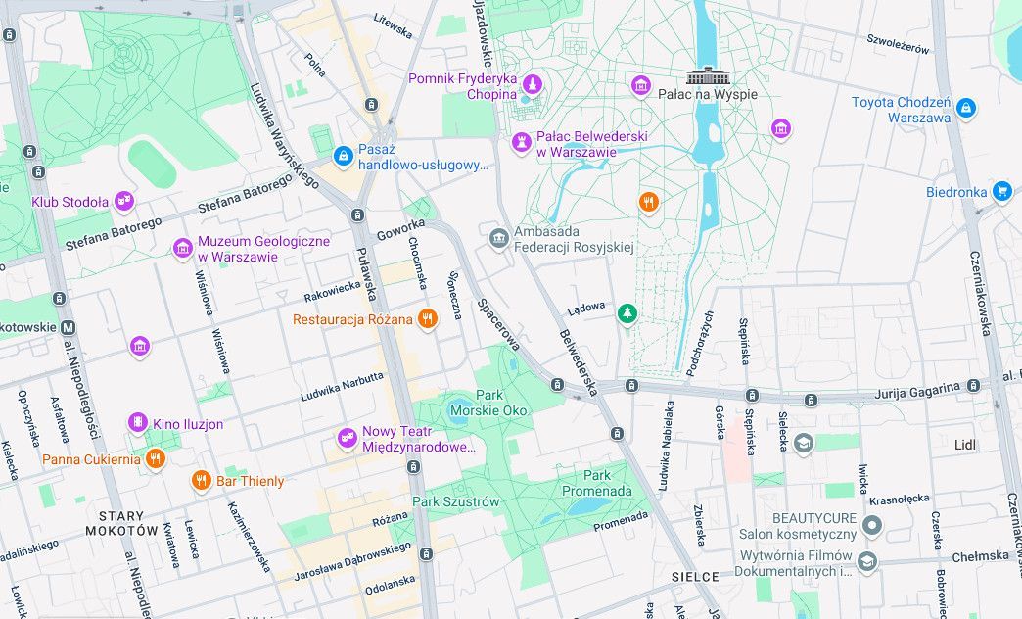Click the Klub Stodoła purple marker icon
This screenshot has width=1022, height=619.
click(123, 202)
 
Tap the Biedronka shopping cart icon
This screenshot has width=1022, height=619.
click(1000, 191)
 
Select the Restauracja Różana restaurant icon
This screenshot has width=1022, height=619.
click(427, 319)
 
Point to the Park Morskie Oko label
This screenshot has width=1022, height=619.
click(488, 403)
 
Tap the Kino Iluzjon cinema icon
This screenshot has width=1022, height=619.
click(138, 423)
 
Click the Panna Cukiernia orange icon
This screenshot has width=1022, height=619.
click(155, 458)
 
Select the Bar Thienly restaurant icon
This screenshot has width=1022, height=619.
click(201, 480)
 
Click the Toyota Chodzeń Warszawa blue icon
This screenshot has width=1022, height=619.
click(966, 108)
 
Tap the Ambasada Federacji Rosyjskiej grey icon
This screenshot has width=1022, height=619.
click(499, 237)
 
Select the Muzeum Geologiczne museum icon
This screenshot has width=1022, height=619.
click(182, 248)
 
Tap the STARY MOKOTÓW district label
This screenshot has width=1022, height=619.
click(121, 523)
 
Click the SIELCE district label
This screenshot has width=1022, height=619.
click(696, 577)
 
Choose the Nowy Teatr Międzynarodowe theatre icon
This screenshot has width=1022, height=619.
click(347, 438)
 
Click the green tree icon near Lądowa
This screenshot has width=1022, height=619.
click(627, 313)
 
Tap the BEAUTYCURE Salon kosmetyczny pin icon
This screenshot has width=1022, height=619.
click(872, 526)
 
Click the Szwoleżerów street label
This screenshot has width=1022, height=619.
click(898, 43)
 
